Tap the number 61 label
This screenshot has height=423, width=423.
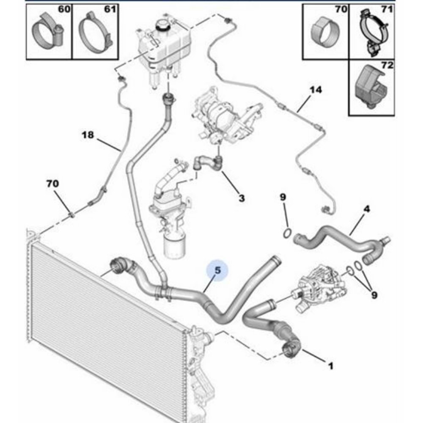point(109,9)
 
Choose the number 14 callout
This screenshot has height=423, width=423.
point(315,90)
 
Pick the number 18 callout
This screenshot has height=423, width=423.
point(88,135)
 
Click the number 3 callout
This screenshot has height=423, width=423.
point(241,198)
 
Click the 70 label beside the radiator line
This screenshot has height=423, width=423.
point(53,184)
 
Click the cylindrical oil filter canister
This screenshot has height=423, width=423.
point(174,247)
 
